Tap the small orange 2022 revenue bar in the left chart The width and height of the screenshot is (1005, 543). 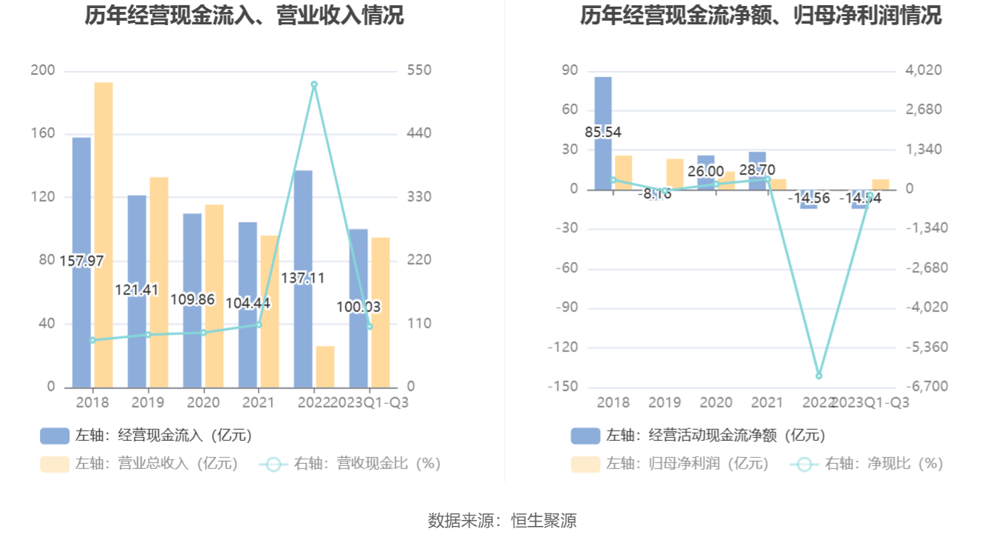325,367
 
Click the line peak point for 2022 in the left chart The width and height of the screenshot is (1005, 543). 314,85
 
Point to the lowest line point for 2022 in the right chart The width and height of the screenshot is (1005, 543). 819,376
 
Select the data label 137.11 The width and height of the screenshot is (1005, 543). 303,278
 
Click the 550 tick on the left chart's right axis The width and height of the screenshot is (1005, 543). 419,70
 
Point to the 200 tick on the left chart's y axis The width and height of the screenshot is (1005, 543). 43,70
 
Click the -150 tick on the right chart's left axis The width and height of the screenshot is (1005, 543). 562,387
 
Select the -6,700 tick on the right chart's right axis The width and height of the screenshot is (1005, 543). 922,387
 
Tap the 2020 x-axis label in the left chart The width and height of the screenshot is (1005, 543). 203,402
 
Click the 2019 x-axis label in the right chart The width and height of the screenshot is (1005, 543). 664,402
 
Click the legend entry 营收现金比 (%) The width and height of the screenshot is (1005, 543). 350,464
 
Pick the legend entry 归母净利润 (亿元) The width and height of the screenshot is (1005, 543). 670,464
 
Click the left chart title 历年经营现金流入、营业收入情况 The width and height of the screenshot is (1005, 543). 244,16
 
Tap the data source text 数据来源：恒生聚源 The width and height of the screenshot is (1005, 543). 502,521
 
